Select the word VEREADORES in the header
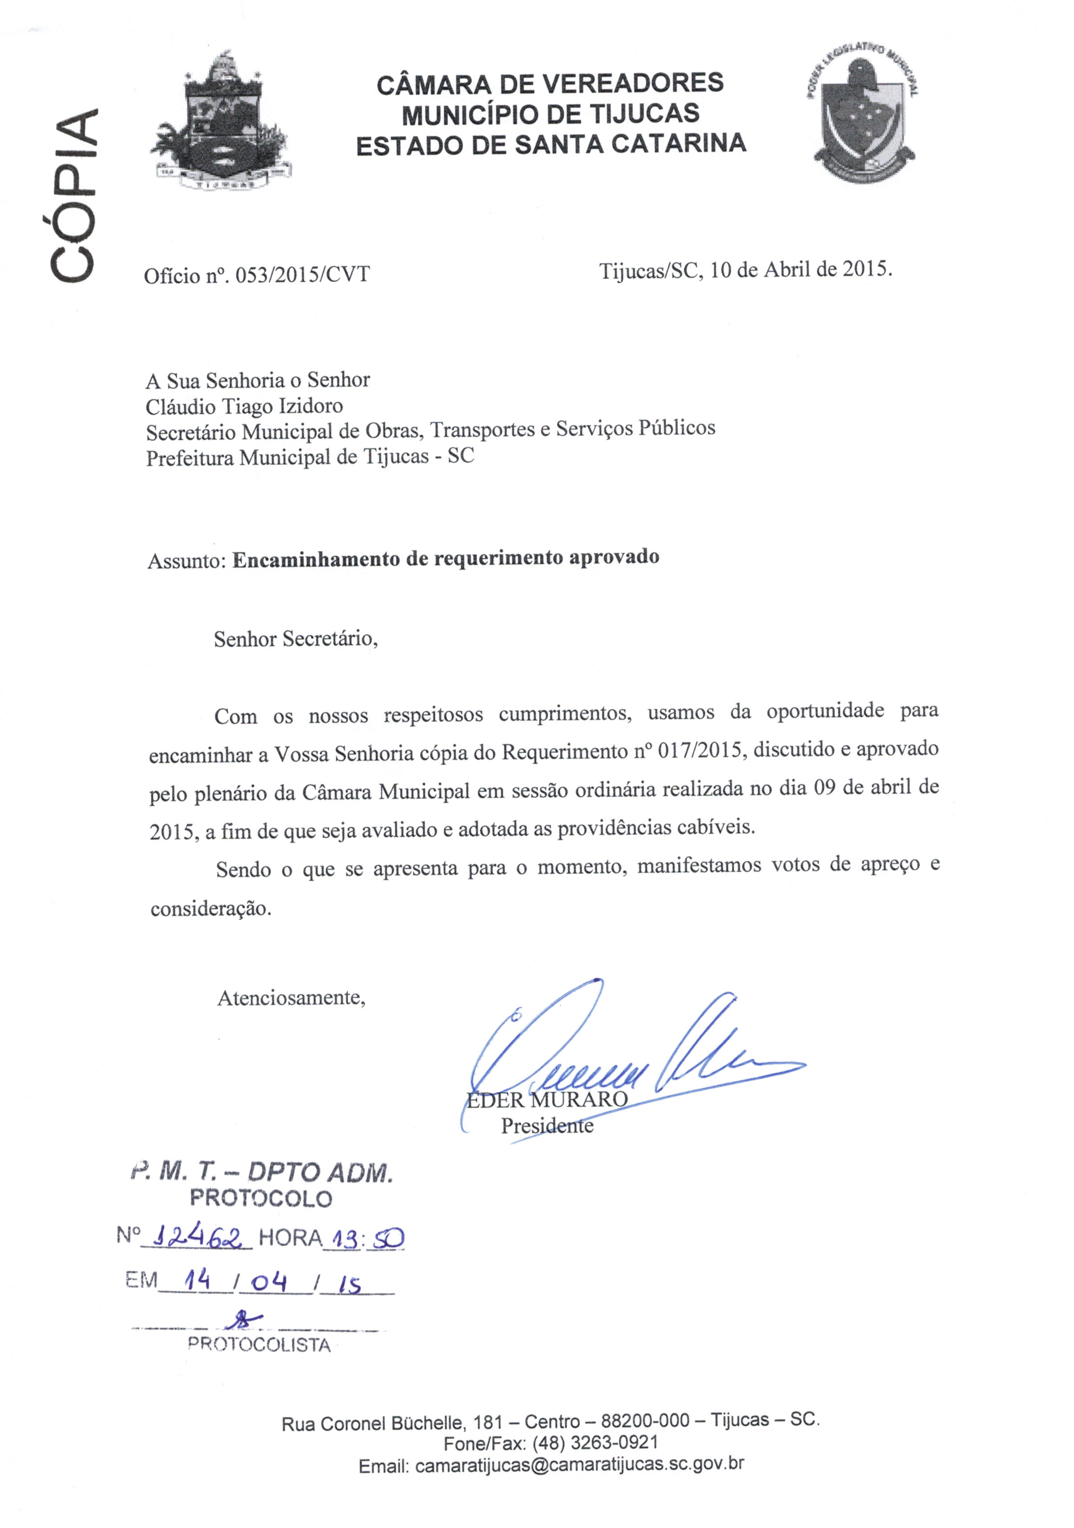[x=632, y=84]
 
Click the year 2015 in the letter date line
[x=866, y=269]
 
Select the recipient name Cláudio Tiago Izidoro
[x=244, y=406]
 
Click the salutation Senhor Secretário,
[x=296, y=639]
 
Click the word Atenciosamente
[x=291, y=998]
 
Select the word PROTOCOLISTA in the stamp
[x=259, y=1344]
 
